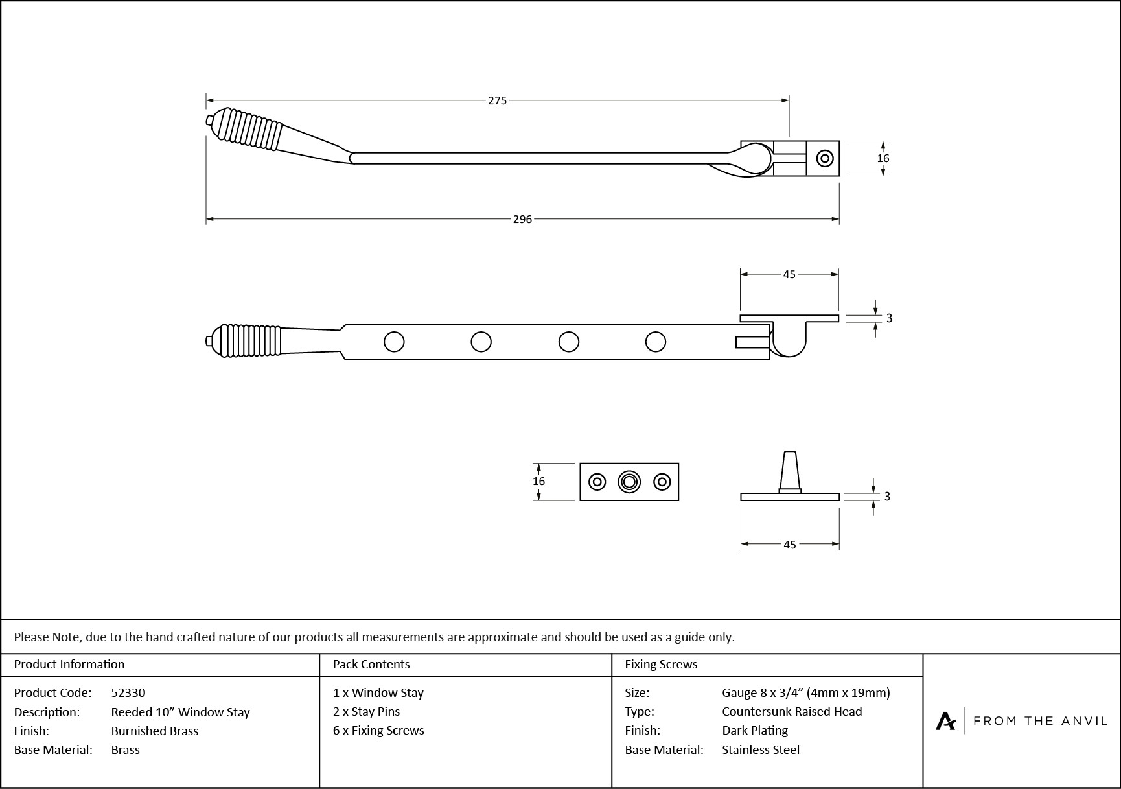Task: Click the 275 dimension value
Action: point(497,100)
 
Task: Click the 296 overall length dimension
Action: point(522,219)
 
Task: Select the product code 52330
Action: point(128,692)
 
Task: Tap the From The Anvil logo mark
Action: point(945,721)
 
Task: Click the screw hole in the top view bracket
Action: point(824,158)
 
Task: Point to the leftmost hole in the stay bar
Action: point(394,342)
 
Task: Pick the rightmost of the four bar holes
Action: point(655,342)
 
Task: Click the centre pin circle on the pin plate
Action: point(629,482)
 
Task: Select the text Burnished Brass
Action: point(155,731)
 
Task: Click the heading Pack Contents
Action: point(371,664)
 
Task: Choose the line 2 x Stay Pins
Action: point(367,711)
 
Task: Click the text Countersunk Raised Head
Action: point(792,711)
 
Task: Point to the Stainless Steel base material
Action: point(761,749)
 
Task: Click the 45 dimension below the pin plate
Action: point(789,545)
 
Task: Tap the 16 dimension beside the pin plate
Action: point(538,481)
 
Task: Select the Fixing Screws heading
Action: point(661,664)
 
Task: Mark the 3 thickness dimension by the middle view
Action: point(889,318)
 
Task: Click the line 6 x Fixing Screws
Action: point(378,730)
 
